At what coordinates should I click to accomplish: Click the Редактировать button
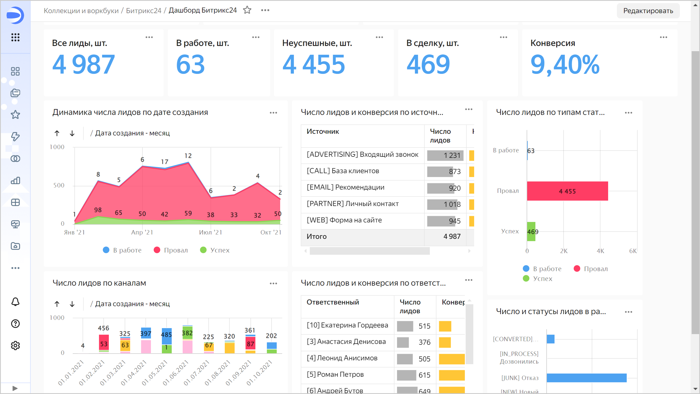[x=648, y=11]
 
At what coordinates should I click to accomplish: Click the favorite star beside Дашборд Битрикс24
[x=247, y=10]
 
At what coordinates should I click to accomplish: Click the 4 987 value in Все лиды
[x=83, y=65]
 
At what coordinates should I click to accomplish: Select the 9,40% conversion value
[x=565, y=65]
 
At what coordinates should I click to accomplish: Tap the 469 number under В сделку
[x=428, y=65]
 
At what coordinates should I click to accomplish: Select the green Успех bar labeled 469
[x=531, y=231]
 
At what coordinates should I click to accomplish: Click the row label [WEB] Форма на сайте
[x=344, y=220]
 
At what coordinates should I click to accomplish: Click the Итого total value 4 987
[x=452, y=236]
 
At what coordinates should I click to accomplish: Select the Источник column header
[x=323, y=132]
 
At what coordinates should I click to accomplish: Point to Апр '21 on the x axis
[x=142, y=232]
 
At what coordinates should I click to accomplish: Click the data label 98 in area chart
[x=98, y=210]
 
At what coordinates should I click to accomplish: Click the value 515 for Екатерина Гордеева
[x=424, y=326]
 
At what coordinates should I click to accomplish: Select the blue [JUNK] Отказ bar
[x=586, y=378]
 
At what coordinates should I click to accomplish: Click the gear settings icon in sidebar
[x=15, y=346]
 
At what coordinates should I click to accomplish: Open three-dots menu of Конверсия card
[x=663, y=37]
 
